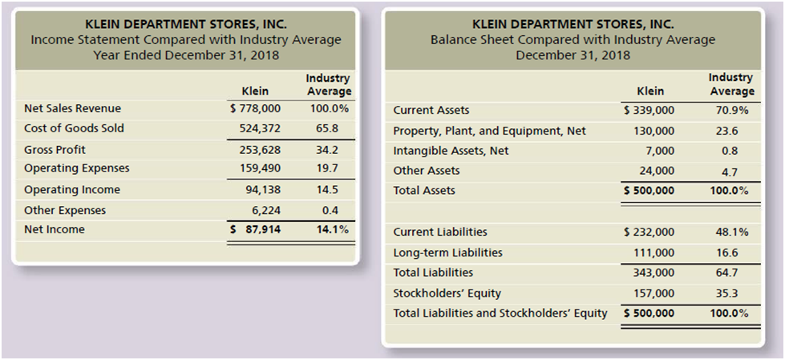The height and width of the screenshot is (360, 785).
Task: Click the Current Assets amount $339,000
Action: [649, 111]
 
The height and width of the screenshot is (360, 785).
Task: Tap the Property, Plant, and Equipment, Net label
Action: [489, 131]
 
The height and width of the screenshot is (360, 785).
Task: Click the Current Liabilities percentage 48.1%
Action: [731, 232]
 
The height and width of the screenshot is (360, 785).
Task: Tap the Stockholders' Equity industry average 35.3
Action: [728, 293]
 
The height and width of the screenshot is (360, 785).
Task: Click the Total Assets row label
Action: [424, 191]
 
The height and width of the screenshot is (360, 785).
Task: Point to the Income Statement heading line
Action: [185, 39]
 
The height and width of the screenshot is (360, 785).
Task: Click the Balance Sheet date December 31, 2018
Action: [573, 55]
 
